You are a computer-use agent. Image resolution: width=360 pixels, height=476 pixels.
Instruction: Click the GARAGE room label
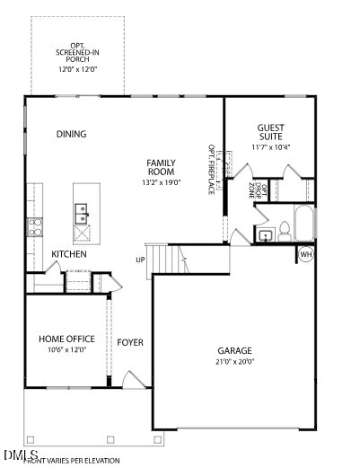234,350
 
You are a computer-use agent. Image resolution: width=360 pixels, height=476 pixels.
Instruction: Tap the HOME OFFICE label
66,339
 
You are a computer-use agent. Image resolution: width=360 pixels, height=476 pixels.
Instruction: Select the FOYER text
130,342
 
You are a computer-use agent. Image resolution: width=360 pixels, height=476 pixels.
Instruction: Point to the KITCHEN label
68,254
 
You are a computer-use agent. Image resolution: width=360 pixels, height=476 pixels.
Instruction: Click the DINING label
71,135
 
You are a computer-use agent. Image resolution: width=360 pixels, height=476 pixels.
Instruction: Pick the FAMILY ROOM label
161,167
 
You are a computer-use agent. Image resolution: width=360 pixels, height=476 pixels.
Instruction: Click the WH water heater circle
305,255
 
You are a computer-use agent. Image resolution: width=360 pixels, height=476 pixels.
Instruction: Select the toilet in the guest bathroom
284,229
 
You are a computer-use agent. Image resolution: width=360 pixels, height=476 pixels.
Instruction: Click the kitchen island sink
81,213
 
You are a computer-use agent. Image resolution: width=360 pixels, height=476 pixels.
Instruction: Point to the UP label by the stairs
140,260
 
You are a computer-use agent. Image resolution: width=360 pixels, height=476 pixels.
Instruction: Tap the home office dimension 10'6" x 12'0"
66,350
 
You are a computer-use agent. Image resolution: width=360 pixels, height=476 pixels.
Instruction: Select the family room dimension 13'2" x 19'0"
162,182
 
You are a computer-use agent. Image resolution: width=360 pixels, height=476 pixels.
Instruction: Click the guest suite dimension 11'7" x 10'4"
270,146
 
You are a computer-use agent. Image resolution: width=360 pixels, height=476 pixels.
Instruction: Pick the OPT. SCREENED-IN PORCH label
78,57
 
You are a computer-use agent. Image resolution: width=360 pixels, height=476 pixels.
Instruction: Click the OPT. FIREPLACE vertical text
212,168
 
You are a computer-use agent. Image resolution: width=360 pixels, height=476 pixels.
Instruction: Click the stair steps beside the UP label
166,260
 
